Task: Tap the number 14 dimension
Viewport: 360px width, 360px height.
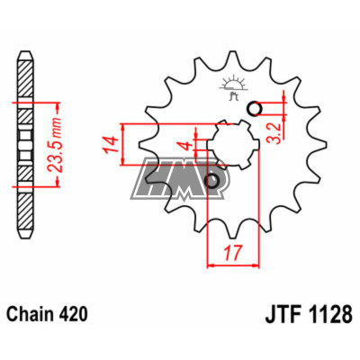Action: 110,145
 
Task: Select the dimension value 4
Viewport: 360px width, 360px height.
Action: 187,146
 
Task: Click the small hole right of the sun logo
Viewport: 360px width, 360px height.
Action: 255,109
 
